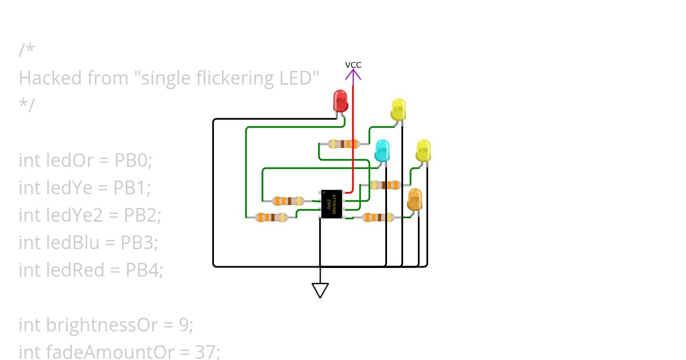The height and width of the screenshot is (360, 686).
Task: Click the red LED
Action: (x=341, y=101)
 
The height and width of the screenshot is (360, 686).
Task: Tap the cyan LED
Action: (x=382, y=150)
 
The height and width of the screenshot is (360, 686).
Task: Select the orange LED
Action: (x=414, y=199)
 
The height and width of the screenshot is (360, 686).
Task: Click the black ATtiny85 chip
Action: (x=332, y=204)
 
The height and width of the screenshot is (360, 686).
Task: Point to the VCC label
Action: (x=353, y=65)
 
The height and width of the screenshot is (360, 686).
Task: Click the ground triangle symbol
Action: (x=320, y=290)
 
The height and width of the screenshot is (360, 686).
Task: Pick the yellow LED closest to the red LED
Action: (x=398, y=109)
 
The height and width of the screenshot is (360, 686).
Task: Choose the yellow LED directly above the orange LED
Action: (x=423, y=150)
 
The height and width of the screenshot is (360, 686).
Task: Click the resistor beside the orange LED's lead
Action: (x=378, y=217)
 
